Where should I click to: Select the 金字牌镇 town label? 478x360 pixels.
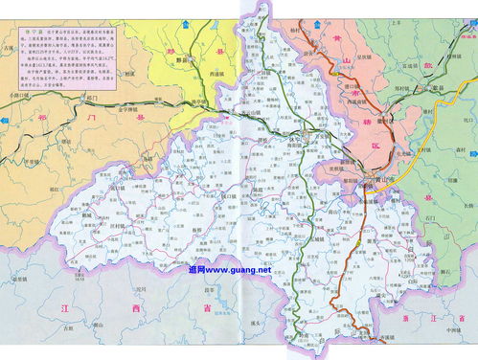pos(132,109)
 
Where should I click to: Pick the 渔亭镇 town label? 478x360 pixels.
pos(195,101)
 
